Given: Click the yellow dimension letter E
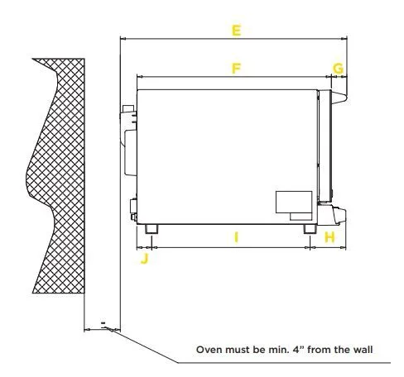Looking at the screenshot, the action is (236, 31).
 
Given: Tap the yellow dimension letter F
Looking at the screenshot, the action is (236, 69).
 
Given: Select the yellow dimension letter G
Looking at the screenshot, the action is (338, 69).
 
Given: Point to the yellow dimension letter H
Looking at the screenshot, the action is (329, 237).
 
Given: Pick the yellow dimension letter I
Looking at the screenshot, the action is (236, 237).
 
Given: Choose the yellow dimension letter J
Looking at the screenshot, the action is (145, 259).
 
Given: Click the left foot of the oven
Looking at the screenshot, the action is (151, 229).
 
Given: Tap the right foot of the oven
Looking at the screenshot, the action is (310, 229).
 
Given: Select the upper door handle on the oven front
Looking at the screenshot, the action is (339, 98).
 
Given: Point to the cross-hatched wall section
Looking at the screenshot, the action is (56, 175).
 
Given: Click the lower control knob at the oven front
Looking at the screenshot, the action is (339, 214).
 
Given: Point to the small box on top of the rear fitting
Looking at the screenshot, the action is (128, 108).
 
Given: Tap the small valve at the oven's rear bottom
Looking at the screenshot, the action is (133, 209).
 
